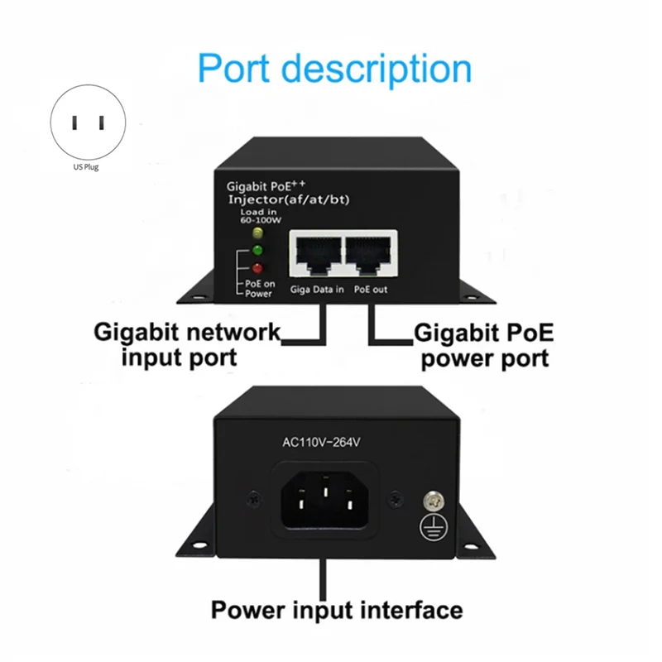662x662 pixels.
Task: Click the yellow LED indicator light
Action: click(257, 233)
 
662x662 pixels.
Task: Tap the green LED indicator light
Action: click(257, 251)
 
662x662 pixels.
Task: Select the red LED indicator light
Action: click(257, 268)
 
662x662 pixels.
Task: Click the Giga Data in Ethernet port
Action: click(319, 254)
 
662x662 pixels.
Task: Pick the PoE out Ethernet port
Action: click(368, 254)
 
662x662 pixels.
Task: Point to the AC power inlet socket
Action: click(324, 500)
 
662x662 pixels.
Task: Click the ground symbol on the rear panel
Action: click(433, 528)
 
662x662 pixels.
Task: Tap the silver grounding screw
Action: click(433, 501)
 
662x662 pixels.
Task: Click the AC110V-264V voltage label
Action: click(321, 442)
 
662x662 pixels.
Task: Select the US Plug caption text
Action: click(86, 167)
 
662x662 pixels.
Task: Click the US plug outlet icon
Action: click(88, 122)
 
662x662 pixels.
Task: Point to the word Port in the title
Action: click(233, 69)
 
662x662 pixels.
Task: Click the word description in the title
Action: click(377, 70)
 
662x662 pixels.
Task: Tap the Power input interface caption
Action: click(337, 611)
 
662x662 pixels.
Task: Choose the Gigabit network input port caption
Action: click(187, 344)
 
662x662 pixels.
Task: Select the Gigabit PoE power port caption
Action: click(484, 345)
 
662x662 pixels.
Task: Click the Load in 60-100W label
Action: click(261, 216)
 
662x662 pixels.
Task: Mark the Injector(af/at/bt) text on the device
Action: click(289, 199)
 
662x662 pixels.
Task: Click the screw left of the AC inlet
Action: click(254, 499)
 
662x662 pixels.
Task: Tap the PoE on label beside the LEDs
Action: click(260, 284)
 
